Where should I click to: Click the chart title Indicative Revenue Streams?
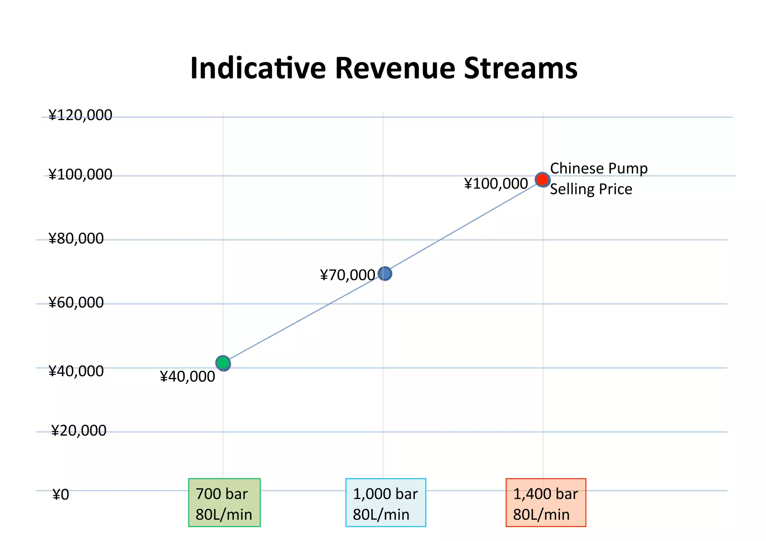(x=384, y=68)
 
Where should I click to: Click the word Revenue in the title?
(x=395, y=68)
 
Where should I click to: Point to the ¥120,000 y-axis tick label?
(x=80, y=115)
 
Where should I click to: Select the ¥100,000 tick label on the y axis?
(x=80, y=175)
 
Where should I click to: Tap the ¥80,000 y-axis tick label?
(x=76, y=239)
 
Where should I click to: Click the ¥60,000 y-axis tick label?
(x=76, y=302)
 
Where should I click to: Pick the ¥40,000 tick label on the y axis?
(x=76, y=371)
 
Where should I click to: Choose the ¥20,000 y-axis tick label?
(x=79, y=431)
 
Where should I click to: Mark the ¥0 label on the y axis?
(x=61, y=495)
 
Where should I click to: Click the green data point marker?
(x=223, y=363)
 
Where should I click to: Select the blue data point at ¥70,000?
(x=385, y=274)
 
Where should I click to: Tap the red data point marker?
(x=542, y=179)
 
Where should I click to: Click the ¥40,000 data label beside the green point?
(x=187, y=377)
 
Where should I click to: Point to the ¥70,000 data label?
(x=347, y=276)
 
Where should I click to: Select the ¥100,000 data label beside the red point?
(x=496, y=184)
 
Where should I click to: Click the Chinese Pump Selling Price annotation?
(x=598, y=179)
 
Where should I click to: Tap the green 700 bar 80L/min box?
(x=224, y=502)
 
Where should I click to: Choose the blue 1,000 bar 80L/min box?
(x=386, y=502)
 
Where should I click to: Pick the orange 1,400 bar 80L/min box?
(x=546, y=502)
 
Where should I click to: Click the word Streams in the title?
(x=521, y=68)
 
